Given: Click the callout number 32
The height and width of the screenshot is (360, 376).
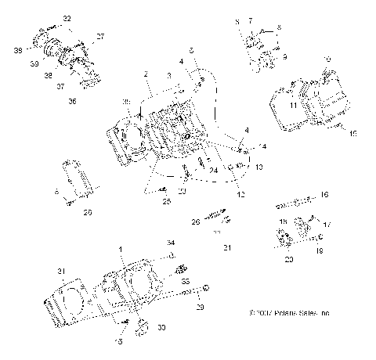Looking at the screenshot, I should (67, 17).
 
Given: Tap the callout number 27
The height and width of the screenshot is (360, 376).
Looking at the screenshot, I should (99, 36).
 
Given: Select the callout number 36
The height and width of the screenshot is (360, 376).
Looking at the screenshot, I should (73, 101).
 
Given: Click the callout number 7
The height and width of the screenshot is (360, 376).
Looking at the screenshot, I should (251, 19).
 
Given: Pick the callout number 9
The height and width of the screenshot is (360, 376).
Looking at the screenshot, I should (285, 56).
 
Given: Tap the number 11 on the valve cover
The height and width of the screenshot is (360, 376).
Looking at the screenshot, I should (292, 103).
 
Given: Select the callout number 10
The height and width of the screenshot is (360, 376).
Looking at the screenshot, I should (327, 59).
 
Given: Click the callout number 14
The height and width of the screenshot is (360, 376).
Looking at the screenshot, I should (352, 134).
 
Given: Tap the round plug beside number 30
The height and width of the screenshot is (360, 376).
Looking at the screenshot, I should (142, 325).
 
